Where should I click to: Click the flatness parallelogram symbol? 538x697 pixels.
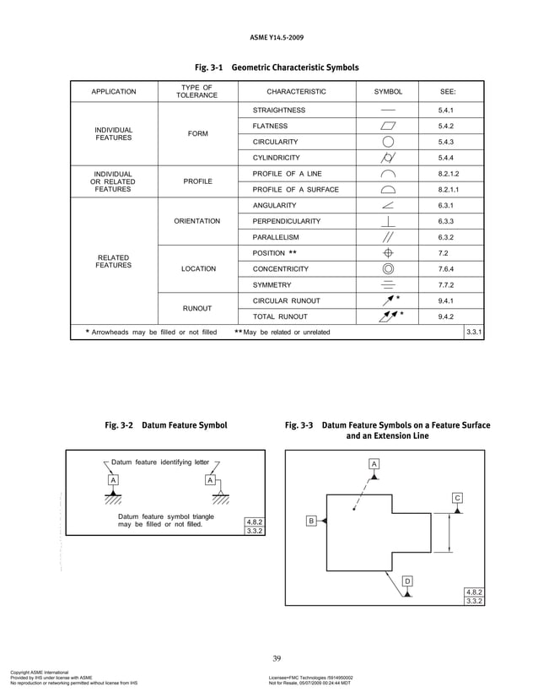(x=388, y=126)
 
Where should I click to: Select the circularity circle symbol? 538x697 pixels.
(x=388, y=142)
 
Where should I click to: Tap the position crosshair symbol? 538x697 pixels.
(x=388, y=252)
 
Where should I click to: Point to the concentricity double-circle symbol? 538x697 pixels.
(x=388, y=268)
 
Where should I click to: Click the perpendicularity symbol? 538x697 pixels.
(x=388, y=220)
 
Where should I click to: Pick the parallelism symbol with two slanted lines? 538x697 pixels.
(x=388, y=236)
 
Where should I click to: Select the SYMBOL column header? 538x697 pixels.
(x=388, y=91)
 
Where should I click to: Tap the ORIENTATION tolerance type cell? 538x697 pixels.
(x=196, y=221)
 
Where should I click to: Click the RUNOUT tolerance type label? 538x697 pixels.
(x=196, y=309)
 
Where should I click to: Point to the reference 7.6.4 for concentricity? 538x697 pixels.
(x=446, y=268)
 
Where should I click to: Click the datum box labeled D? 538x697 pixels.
(x=407, y=581)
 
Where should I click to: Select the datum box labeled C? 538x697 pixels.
(x=457, y=498)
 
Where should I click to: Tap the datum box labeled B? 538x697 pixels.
(x=310, y=521)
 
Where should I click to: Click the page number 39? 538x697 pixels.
(x=277, y=657)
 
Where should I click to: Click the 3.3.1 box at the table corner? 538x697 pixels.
(x=474, y=332)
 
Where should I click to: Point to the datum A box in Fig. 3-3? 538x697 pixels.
(x=374, y=464)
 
